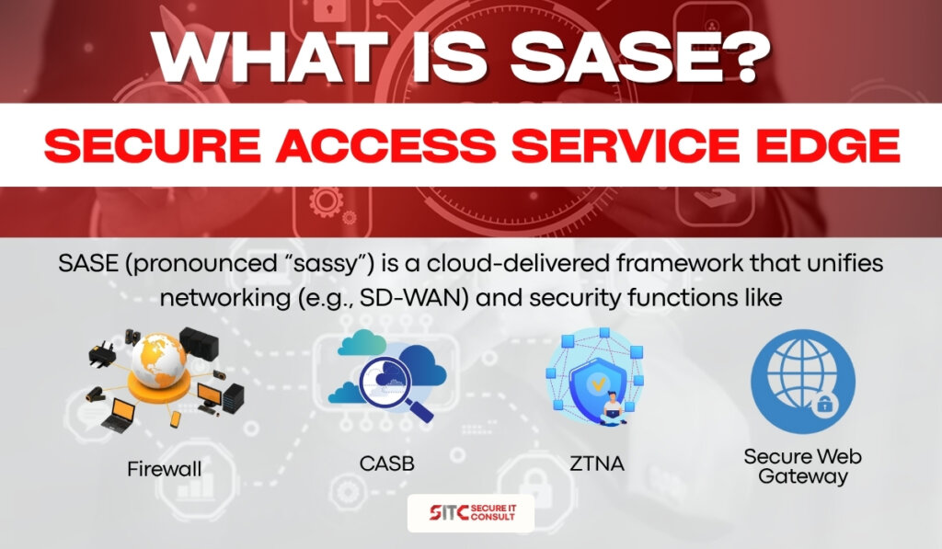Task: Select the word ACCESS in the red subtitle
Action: pos(385,145)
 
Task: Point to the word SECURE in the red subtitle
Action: pos(153,145)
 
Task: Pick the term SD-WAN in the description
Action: pos(411,297)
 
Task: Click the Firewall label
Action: pos(164,468)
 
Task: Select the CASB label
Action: pos(387,463)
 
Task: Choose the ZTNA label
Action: pos(596,463)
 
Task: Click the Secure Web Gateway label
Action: pos(802,466)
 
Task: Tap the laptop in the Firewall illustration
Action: pos(118,417)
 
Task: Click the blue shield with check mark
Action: pos(598,384)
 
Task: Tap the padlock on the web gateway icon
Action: pos(824,404)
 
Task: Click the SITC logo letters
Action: pos(449,512)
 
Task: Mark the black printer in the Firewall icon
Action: pos(102,353)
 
